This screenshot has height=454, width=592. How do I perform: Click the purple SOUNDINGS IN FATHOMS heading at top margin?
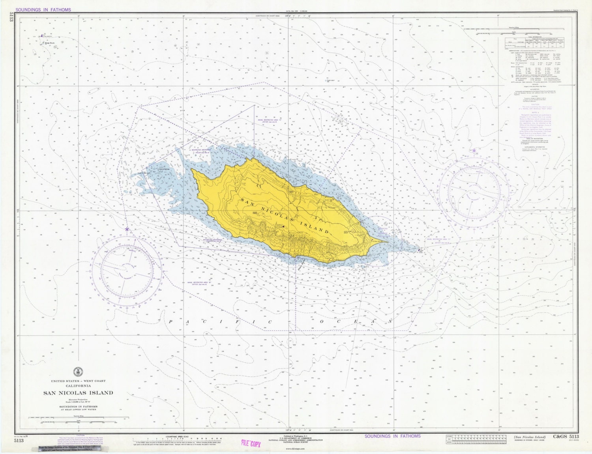click(43, 10)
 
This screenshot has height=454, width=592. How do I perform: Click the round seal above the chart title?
click(78, 372)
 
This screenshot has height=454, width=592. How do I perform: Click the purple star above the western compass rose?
click(127, 229)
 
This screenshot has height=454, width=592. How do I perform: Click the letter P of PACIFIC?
click(171, 322)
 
